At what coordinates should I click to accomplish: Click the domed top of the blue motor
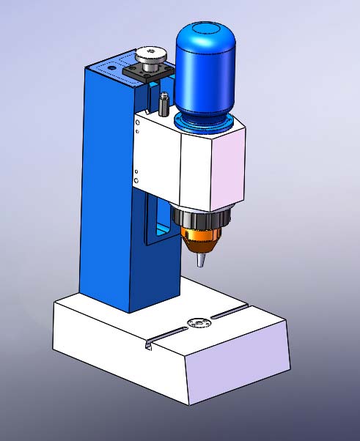click(x=205, y=37)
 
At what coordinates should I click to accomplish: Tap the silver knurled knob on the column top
click(x=151, y=56)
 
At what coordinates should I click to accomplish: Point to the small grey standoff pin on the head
click(x=163, y=103)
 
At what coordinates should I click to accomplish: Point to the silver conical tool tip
click(x=200, y=260)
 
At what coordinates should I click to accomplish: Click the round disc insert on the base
click(x=197, y=322)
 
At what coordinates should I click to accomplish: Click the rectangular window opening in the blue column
click(x=156, y=220)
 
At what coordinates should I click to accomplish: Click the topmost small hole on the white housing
click(x=137, y=122)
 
